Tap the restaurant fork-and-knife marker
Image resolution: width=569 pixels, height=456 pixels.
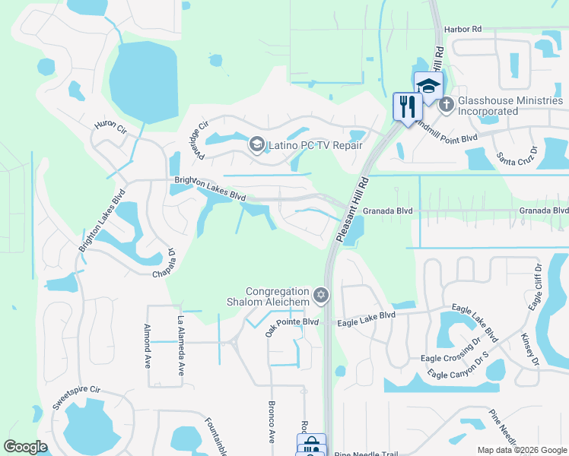[x=405, y=106]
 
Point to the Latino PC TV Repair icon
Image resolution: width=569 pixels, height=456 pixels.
[x=256, y=144]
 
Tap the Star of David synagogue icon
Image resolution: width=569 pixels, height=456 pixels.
[x=322, y=295]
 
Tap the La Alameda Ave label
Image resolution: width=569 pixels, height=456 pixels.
[x=181, y=346]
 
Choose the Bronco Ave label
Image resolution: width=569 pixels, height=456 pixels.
[x=272, y=423]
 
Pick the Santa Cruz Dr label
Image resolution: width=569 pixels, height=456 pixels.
[x=517, y=160]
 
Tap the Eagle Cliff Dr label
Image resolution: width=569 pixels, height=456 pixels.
[x=536, y=288]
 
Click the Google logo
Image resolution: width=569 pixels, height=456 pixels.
[x=25, y=447]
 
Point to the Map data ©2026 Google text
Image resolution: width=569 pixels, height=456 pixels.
[x=522, y=450]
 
